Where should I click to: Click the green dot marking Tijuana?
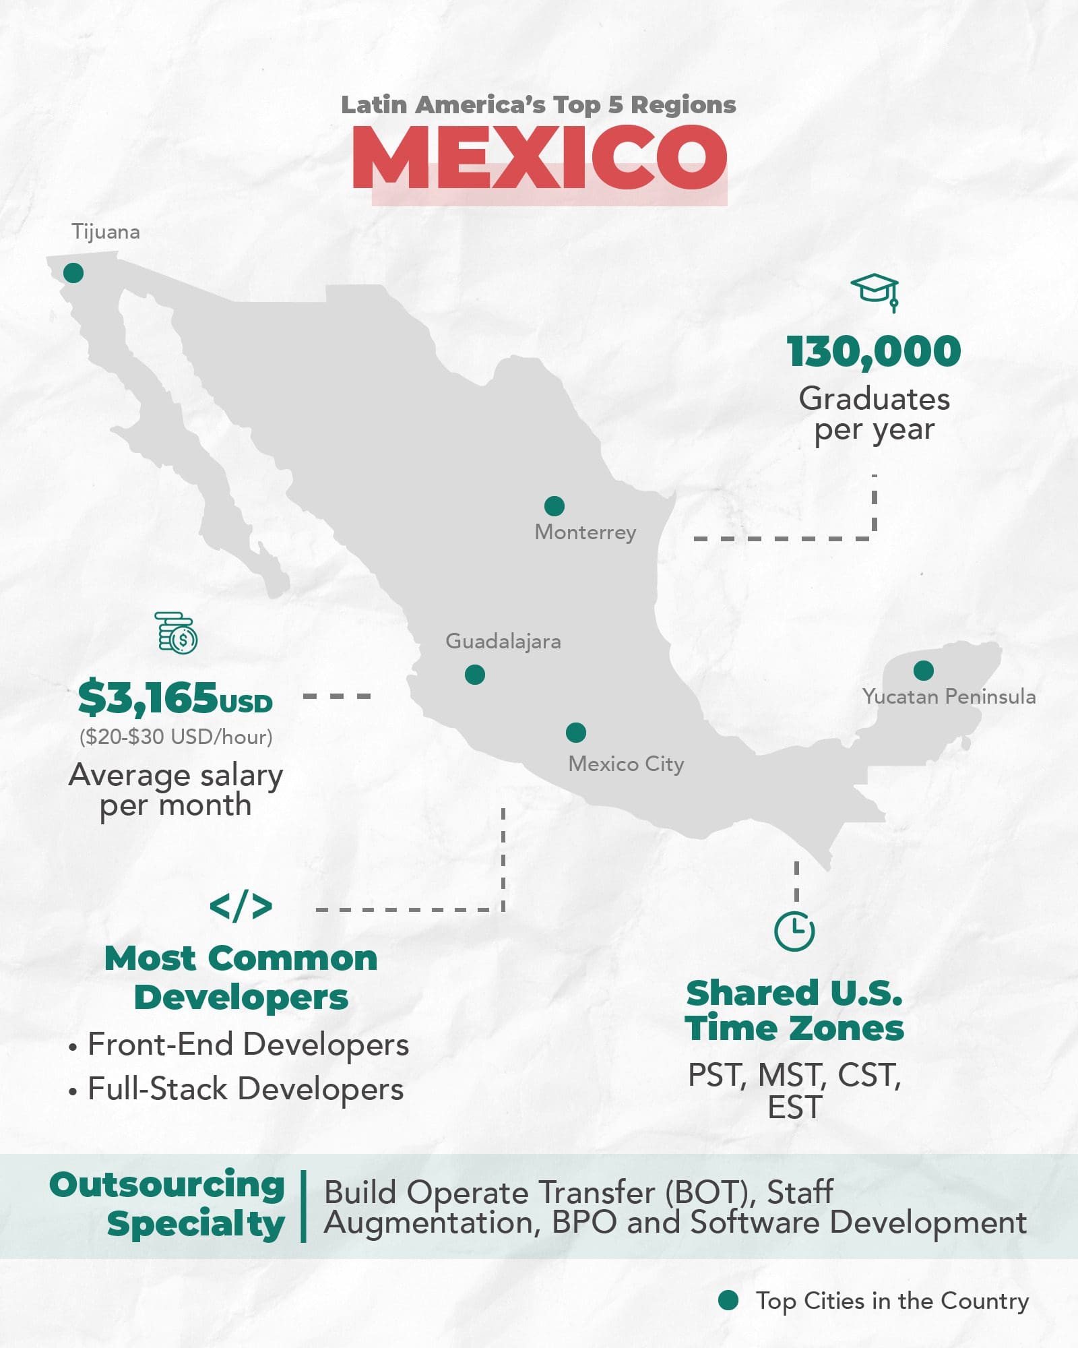73,273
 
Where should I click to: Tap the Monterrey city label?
585,532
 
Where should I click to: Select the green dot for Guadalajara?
475,675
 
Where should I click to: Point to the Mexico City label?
626,764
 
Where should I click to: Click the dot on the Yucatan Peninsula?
924,671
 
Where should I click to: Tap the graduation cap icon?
875,292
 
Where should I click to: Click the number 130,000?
874,352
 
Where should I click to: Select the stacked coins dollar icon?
177,633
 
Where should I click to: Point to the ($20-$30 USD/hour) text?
176,737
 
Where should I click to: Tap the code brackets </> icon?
241,907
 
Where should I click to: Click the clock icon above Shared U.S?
795,931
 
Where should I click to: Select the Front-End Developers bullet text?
248,1045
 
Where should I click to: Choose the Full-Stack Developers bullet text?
245,1089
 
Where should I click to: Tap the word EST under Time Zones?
795,1108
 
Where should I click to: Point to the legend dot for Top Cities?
728,1300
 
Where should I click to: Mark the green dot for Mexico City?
576,733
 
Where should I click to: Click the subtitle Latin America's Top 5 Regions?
538,105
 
